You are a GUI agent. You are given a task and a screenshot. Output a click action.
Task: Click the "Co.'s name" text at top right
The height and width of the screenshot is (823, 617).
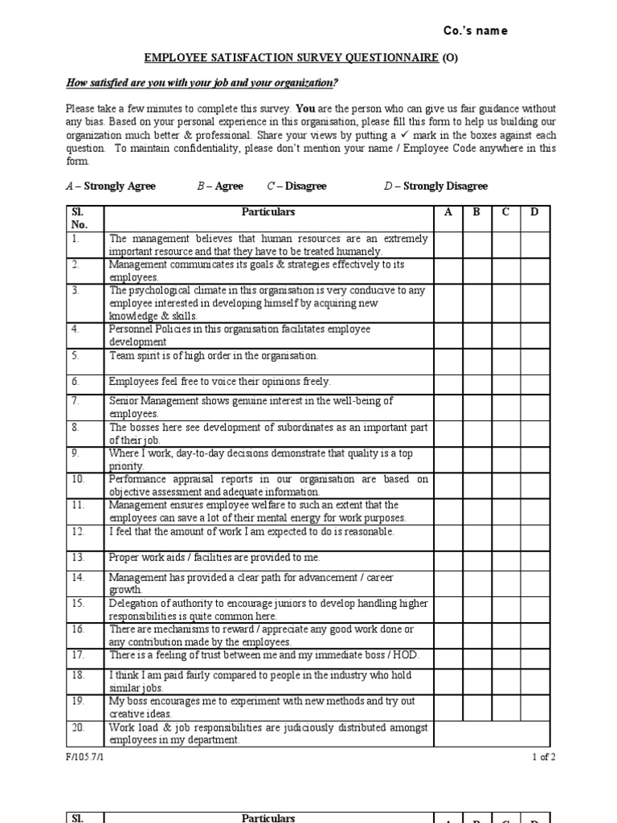pos(476,31)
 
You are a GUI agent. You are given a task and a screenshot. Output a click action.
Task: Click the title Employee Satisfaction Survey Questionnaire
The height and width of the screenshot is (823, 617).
pos(291,58)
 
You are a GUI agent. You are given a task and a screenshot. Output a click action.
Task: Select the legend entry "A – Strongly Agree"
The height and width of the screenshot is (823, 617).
pos(110,186)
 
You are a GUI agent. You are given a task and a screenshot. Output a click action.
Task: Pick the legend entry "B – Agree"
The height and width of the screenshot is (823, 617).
pos(220,186)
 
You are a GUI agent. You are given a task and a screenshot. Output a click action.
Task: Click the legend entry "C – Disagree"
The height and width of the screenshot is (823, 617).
pos(297,186)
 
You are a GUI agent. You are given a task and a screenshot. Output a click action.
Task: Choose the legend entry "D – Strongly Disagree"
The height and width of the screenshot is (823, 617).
pos(436,186)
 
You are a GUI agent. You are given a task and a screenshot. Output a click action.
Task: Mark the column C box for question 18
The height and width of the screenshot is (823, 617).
pos(505,682)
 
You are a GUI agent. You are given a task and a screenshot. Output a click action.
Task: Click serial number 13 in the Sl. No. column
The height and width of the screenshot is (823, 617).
pos(78,557)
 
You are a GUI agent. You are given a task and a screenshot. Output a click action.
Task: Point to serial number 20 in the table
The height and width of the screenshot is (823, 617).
pos(78,727)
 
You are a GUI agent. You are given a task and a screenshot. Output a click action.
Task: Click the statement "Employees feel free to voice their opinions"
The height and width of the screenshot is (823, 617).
pos(219,382)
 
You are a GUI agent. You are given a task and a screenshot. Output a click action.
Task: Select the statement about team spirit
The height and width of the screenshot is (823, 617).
pos(214,355)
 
